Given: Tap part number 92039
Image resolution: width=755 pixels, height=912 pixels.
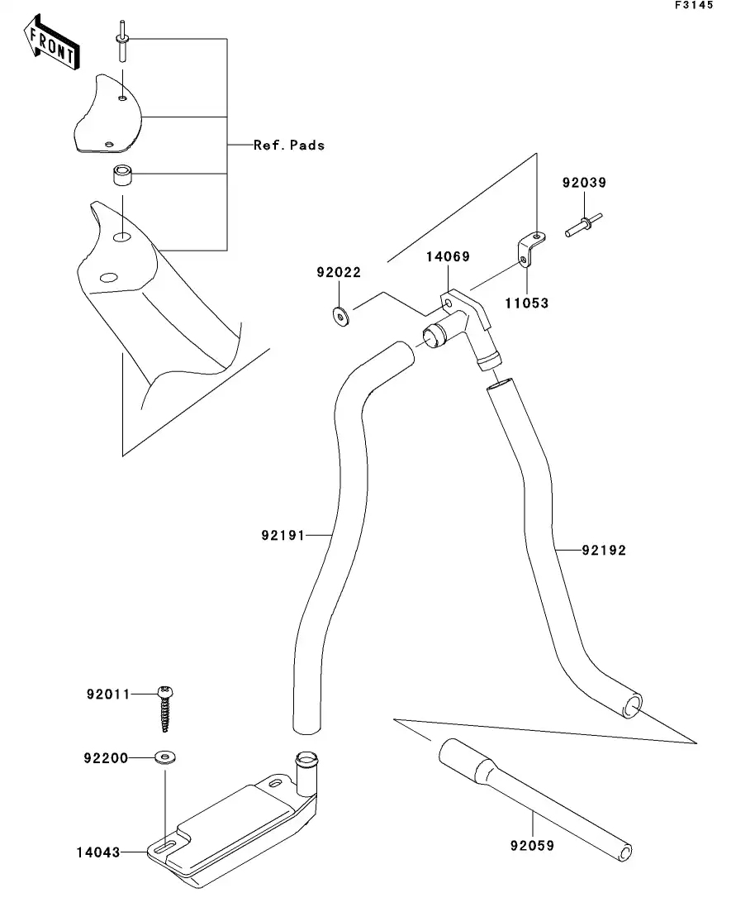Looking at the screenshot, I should coord(585,183).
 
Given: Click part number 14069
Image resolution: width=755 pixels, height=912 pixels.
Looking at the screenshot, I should coord(448,257).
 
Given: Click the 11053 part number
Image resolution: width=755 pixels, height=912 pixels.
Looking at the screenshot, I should coord(527,303).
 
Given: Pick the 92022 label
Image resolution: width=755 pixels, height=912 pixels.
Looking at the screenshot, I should coord(337,272).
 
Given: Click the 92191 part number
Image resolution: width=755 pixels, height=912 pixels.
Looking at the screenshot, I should coord(283,536).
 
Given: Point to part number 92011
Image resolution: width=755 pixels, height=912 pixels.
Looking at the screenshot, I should coord(108,695).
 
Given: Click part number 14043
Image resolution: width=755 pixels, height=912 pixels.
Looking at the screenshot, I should coord(98,852).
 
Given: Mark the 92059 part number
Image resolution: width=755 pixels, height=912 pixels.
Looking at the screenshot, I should coord(533,846).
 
